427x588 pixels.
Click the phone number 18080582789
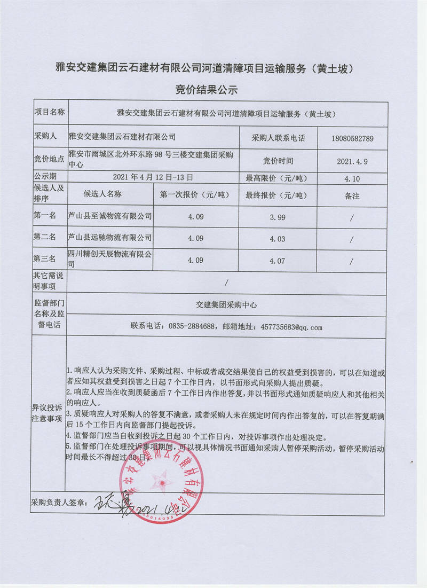point(352,138)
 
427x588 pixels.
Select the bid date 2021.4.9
point(352,160)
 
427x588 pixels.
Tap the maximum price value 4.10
point(352,178)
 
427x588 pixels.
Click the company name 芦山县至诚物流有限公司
point(110,216)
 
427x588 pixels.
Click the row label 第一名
point(45,216)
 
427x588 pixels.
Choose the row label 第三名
point(45,260)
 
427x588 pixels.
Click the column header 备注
point(352,196)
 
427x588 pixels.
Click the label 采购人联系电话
point(278,138)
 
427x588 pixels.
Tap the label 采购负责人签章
point(58,503)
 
